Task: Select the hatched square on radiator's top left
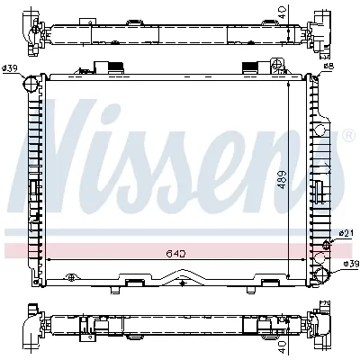pyautogui.click(x=114, y=66)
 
